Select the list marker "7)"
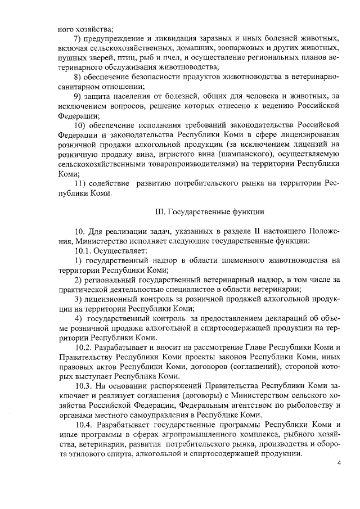[x=78, y=38]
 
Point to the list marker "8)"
[x=78, y=77]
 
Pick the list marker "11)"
[x=81, y=184]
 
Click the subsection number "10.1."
[x=84, y=250]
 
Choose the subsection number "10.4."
[x=85, y=424]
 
